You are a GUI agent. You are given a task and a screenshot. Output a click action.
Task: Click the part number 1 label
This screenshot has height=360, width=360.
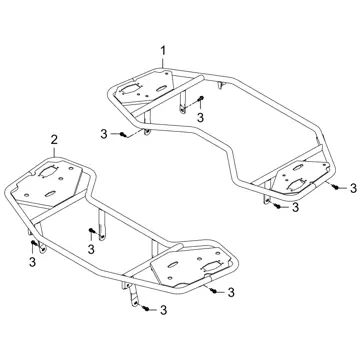coord(163,51)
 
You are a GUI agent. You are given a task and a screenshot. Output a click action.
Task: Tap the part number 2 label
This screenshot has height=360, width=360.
coord(54,140)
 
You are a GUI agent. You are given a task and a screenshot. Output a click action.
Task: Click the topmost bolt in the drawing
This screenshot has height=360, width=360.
coord(201,98)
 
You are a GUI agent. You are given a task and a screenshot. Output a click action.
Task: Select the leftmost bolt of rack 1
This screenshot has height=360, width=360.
coord(124,134)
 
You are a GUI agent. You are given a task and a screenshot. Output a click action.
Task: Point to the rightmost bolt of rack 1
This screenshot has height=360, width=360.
coord(336,188)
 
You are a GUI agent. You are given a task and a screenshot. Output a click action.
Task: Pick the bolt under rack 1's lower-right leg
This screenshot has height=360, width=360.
coord(277,206)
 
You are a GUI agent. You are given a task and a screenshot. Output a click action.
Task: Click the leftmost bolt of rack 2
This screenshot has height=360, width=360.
coord(33,242)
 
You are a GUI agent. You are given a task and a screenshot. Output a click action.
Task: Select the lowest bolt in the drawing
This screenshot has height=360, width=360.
coord(146,309)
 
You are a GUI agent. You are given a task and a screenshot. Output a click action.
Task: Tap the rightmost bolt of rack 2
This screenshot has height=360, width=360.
coord(214,291)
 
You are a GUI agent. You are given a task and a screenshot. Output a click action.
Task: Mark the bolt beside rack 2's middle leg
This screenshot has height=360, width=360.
coord(91,230)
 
